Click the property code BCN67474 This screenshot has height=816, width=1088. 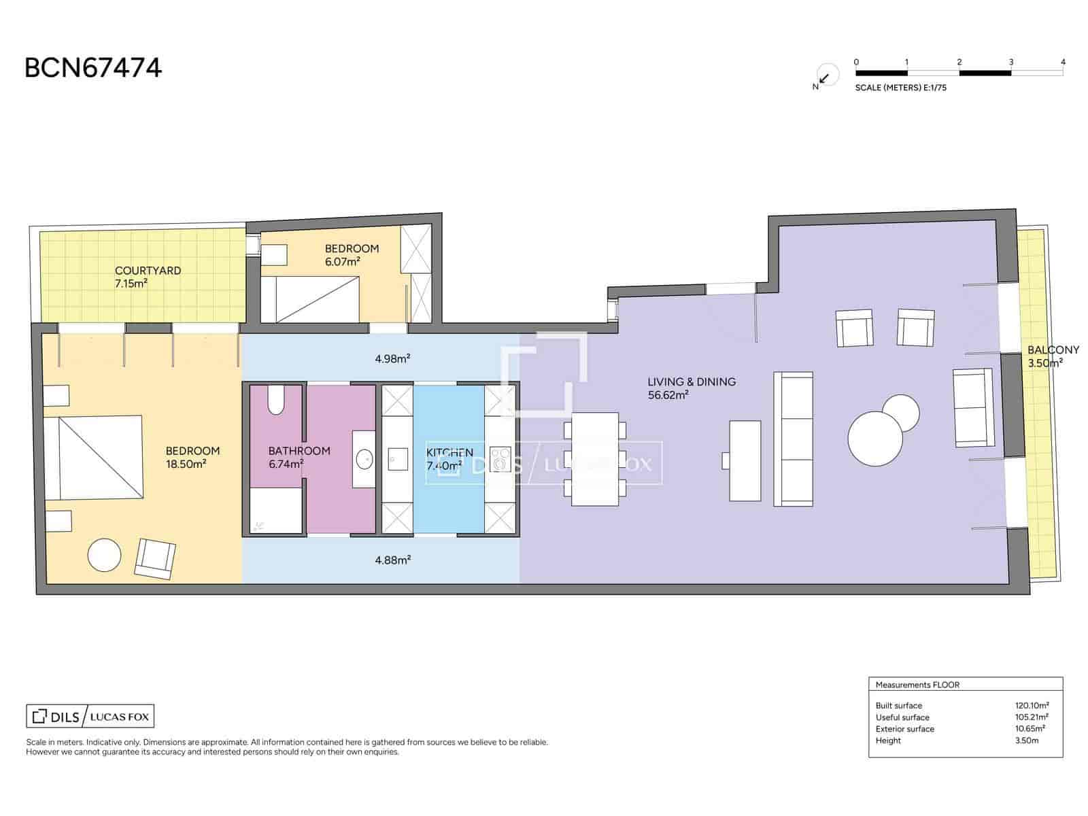point(93,68)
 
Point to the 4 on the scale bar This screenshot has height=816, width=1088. point(1063,62)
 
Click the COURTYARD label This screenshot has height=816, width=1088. point(148,271)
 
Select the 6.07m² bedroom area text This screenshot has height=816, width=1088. point(342,261)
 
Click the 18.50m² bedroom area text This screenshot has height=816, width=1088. point(186,464)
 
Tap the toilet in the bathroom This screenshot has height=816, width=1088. point(276,400)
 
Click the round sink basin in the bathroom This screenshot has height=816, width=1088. point(364,459)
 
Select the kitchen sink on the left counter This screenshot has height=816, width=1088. point(396,459)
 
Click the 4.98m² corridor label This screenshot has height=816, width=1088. point(392,358)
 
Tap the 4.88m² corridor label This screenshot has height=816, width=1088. point(392,560)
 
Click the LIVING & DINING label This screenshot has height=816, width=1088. point(691,382)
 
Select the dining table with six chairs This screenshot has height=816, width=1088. point(595,460)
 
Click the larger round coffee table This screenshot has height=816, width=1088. point(874,439)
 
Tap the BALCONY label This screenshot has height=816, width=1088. point(1053,350)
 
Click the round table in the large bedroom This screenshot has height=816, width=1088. point(105,556)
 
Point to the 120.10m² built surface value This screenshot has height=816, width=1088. point(1032,705)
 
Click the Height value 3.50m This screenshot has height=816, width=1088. point(1026,741)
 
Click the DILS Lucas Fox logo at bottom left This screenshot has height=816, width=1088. point(90,716)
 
